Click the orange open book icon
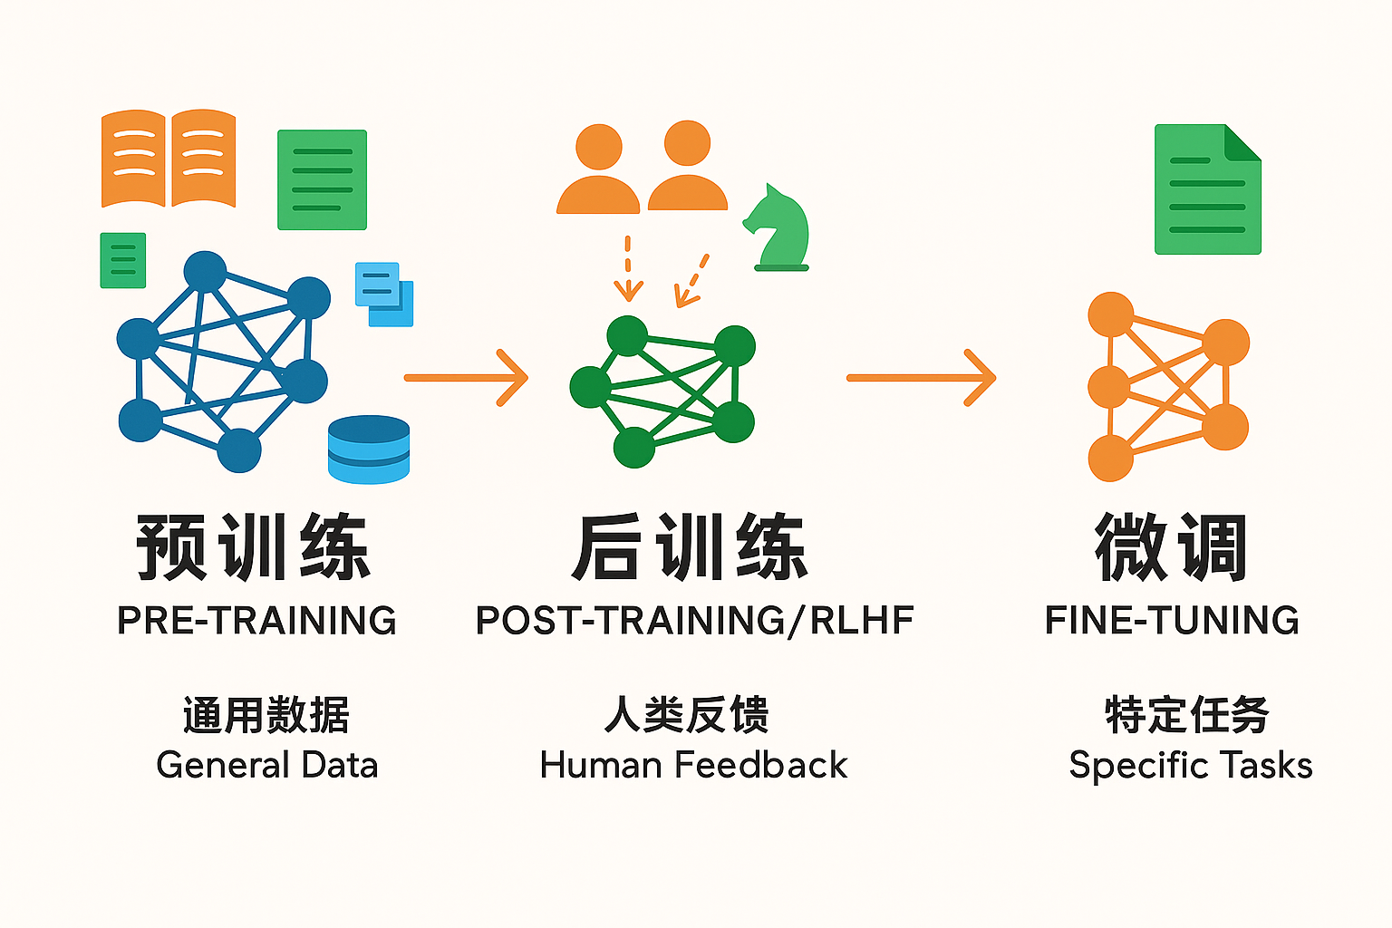[169, 159]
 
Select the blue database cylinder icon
[369, 449]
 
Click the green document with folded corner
[1207, 189]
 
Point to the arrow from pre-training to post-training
[466, 377]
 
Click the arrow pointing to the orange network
[922, 377]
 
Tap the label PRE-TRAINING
[256, 620]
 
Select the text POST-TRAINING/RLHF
[695, 621]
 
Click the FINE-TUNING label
[1172, 620]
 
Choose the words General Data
[267, 765]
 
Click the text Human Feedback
[693, 765]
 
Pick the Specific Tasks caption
[1191, 766]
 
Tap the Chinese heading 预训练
[254, 547]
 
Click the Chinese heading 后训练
[690, 547]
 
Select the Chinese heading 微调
[1171, 547]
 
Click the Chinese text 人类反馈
[687, 715]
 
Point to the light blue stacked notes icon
[384, 294]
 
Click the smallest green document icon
[123, 260]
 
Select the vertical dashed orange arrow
[628, 268]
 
